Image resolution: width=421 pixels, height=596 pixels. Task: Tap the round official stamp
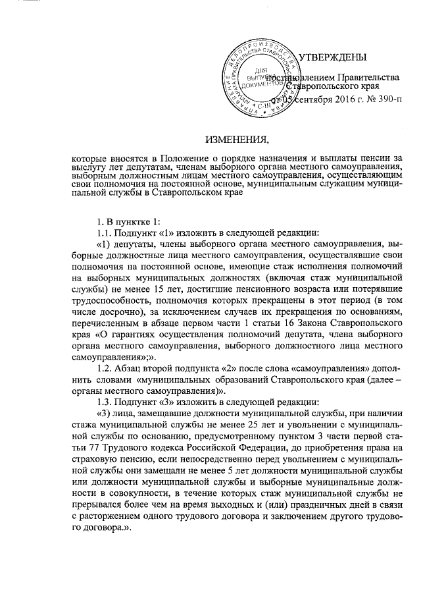click(260, 76)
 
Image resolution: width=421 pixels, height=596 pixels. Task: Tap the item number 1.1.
click(105, 234)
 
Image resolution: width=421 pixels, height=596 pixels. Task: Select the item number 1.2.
click(105, 369)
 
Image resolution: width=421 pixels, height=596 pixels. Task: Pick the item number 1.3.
click(105, 402)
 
